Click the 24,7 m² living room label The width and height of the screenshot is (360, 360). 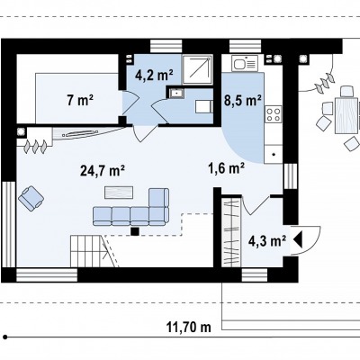pyautogui.click(x=103, y=171)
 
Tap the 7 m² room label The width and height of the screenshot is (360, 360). pyautogui.click(x=80, y=100)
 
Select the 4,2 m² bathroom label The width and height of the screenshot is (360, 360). pyautogui.click(x=154, y=75)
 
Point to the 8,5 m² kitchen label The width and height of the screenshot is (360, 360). pyautogui.click(x=243, y=101)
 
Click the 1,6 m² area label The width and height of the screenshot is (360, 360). pyautogui.click(x=226, y=168)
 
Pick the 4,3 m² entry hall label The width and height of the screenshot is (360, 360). pyautogui.click(x=267, y=240)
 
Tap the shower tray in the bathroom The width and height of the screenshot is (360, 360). pyautogui.click(x=197, y=69)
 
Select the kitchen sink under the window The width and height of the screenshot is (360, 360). pyautogui.click(x=245, y=64)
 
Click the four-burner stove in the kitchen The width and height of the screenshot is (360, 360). pyautogui.click(x=274, y=114)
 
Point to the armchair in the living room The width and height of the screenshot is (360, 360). pyautogui.click(x=31, y=198)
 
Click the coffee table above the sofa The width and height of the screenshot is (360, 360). pyautogui.click(x=119, y=193)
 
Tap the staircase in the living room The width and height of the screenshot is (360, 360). pyautogui.click(x=88, y=251)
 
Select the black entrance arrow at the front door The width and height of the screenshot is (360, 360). pyautogui.click(x=298, y=240)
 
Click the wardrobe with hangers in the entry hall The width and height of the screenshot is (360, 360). pyautogui.click(x=231, y=232)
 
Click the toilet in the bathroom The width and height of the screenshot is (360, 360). pyautogui.click(x=204, y=107)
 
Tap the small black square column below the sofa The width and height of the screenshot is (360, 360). pyautogui.click(x=135, y=231)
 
